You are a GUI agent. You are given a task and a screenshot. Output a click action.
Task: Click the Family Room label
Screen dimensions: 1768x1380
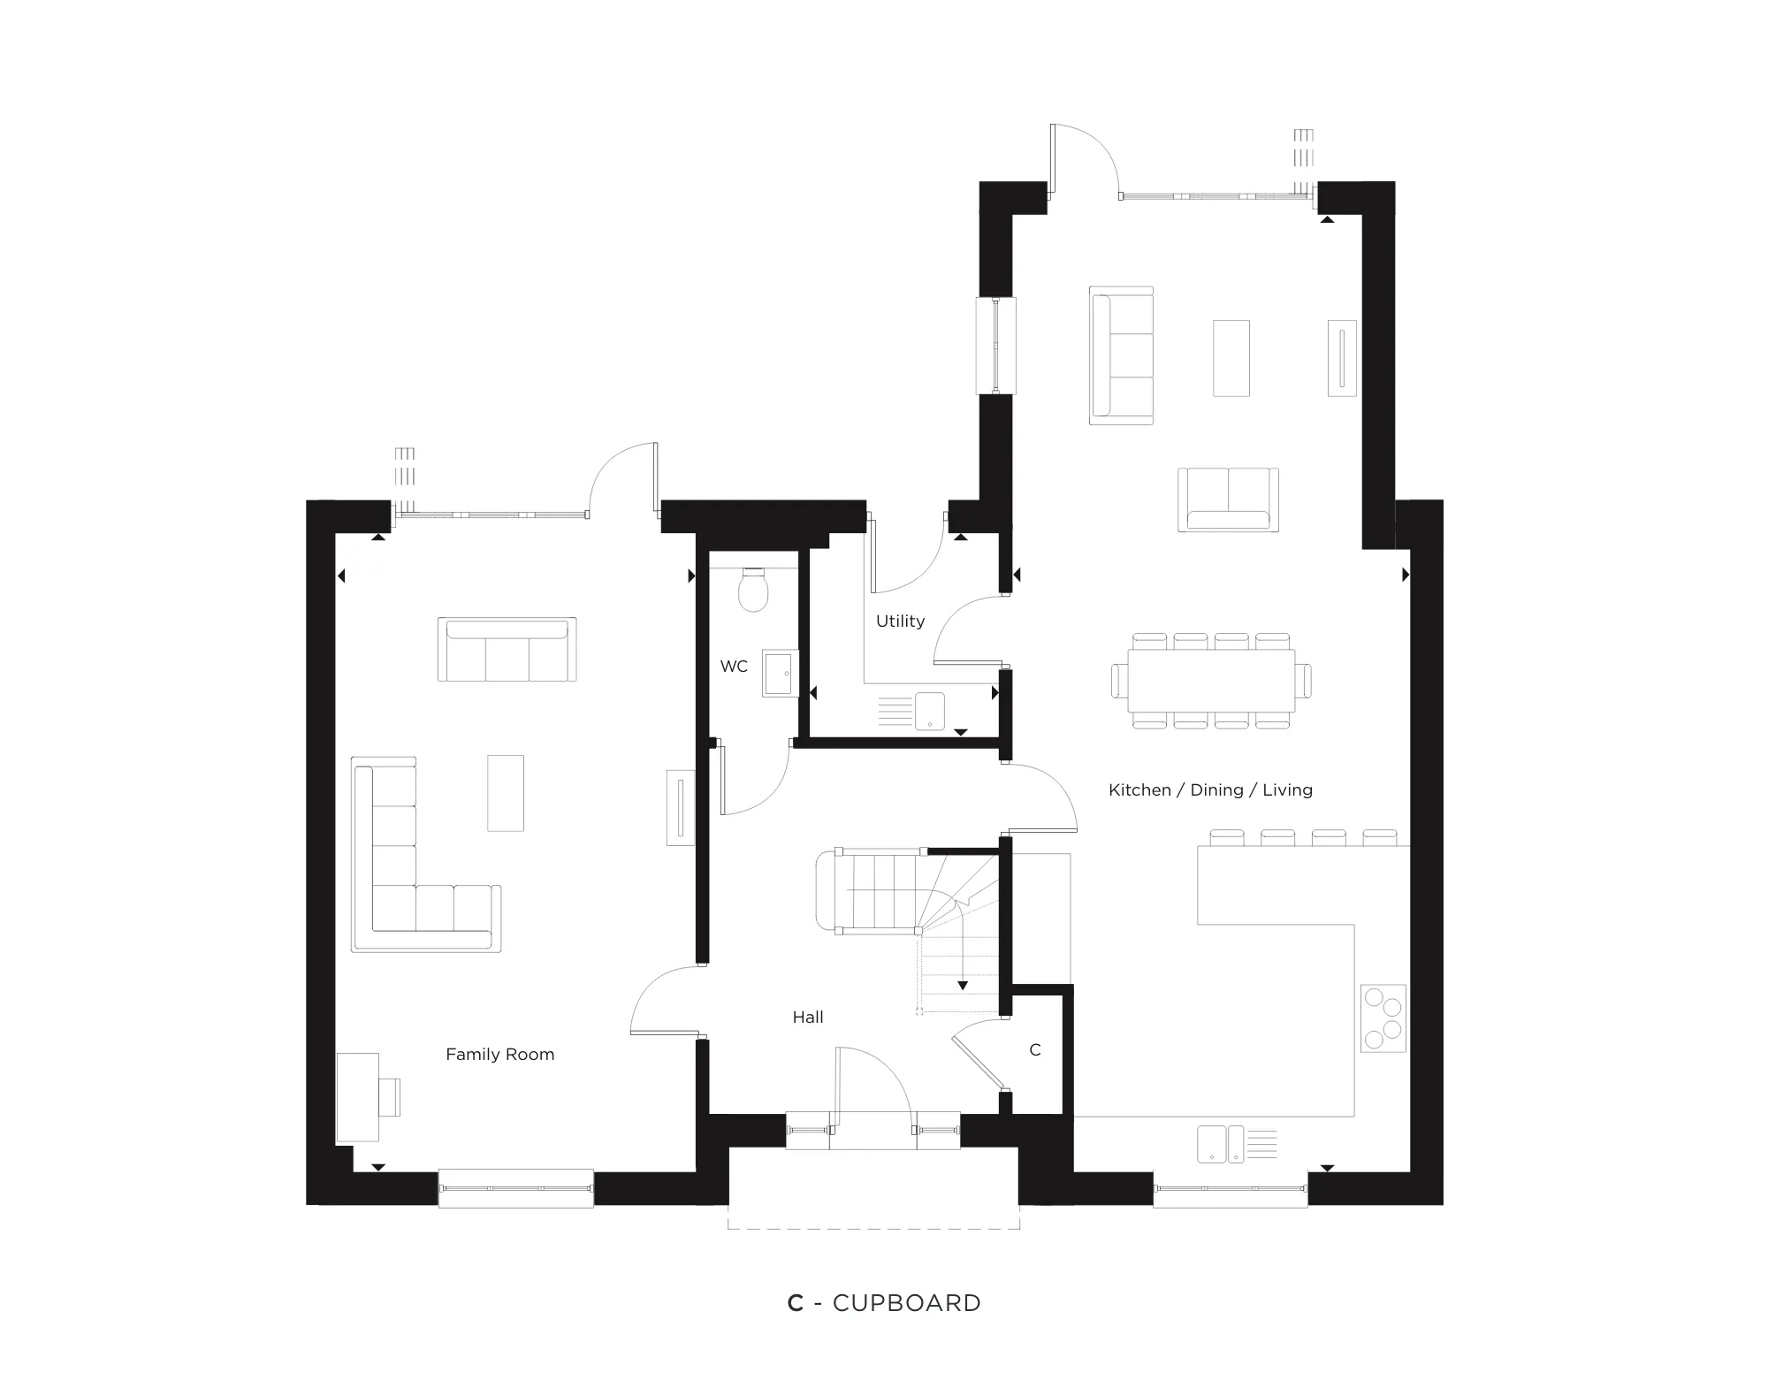click(x=499, y=1055)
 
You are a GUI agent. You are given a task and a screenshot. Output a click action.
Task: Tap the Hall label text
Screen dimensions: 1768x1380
click(x=808, y=1018)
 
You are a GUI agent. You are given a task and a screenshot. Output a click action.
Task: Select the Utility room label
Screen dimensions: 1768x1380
click(x=900, y=621)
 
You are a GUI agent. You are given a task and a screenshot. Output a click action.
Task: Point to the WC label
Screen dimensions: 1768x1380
click(x=734, y=667)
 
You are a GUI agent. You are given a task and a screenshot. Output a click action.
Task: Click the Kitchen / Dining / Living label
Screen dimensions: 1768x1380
click(x=1210, y=790)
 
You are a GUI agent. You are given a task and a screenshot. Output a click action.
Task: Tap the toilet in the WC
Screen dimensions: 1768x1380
click(x=753, y=590)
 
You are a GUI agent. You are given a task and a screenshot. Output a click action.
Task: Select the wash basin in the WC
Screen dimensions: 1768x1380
click(x=781, y=674)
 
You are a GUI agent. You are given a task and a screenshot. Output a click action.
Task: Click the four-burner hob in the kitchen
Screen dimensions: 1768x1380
click(x=1383, y=1018)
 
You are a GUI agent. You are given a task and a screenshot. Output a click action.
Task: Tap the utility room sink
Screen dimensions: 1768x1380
click(x=929, y=712)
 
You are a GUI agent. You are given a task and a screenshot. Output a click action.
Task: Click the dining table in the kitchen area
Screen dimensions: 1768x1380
click(x=1211, y=681)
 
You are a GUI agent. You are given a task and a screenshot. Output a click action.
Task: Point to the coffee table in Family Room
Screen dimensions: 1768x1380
click(x=506, y=793)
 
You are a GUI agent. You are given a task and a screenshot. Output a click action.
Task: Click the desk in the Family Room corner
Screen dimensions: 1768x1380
click(x=358, y=1097)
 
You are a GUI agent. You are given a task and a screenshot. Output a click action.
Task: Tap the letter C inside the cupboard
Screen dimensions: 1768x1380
click(x=1035, y=1050)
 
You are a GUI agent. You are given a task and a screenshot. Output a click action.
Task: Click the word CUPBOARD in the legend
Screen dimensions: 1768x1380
click(x=907, y=1303)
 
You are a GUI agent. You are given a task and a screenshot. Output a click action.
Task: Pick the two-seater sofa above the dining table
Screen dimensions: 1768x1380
click(x=1228, y=499)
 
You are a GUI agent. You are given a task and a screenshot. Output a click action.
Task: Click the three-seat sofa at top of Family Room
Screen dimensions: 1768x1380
click(x=507, y=650)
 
